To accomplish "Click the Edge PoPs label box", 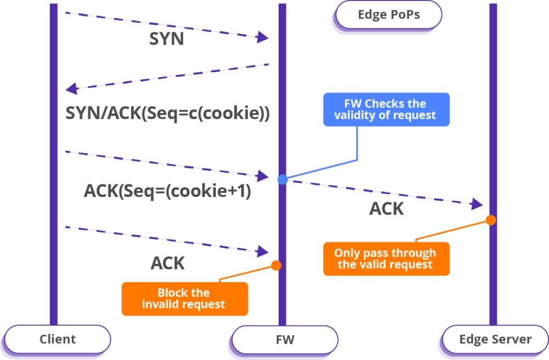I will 389,15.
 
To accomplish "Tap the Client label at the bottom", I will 57,339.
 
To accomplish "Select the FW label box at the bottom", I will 285,340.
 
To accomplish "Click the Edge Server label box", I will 495,340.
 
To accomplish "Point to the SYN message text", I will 166,39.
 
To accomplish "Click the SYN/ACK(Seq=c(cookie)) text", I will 167,114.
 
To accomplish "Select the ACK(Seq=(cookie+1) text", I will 167,192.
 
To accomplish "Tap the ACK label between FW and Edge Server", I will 386,209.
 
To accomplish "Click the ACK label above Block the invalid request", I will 167,263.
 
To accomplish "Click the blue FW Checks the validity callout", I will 385,109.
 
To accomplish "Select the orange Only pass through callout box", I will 385,259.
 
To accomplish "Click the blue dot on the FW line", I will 283,179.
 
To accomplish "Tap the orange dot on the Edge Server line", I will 490,220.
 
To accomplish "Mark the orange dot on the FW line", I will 276,265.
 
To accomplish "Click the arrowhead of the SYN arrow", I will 262,37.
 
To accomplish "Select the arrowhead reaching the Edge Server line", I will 477,204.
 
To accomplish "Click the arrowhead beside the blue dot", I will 263,176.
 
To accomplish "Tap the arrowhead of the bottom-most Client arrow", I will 263,251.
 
